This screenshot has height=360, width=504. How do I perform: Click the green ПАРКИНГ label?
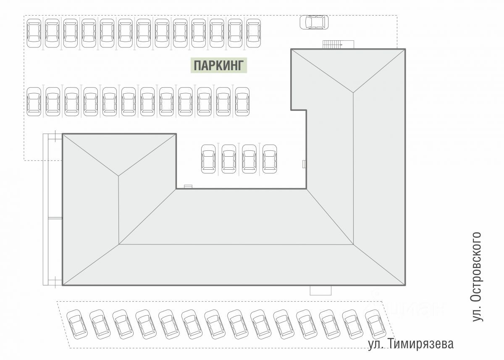(x=218, y=66)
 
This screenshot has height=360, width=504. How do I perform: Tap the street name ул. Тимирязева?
(x=411, y=344)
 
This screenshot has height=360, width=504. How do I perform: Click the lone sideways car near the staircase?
(x=314, y=22)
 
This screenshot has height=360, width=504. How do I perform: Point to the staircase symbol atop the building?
(x=333, y=44)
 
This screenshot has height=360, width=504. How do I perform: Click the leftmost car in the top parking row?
(x=34, y=33)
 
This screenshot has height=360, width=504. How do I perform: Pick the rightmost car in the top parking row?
(x=253, y=33)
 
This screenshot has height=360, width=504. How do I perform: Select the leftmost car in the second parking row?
(x=34, y=102)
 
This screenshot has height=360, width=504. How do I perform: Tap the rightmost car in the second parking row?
(x=242, y=102)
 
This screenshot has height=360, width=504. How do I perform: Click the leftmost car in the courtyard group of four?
(x=208, y=159)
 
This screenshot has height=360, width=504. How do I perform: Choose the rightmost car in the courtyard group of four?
(x=270, y=159)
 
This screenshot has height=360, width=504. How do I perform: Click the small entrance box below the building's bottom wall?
(x=320, y=290)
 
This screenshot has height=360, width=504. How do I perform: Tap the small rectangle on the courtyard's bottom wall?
(x=188, y=187)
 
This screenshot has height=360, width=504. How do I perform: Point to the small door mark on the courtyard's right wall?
(x=304, y=164)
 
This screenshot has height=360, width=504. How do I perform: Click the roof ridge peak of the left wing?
(x=119, y=176)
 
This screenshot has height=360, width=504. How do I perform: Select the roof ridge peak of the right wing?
(x=353, y=92)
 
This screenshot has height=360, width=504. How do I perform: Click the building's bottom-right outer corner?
(x=405, y=285)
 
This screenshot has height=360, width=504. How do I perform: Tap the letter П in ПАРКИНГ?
(x=197, y=66)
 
